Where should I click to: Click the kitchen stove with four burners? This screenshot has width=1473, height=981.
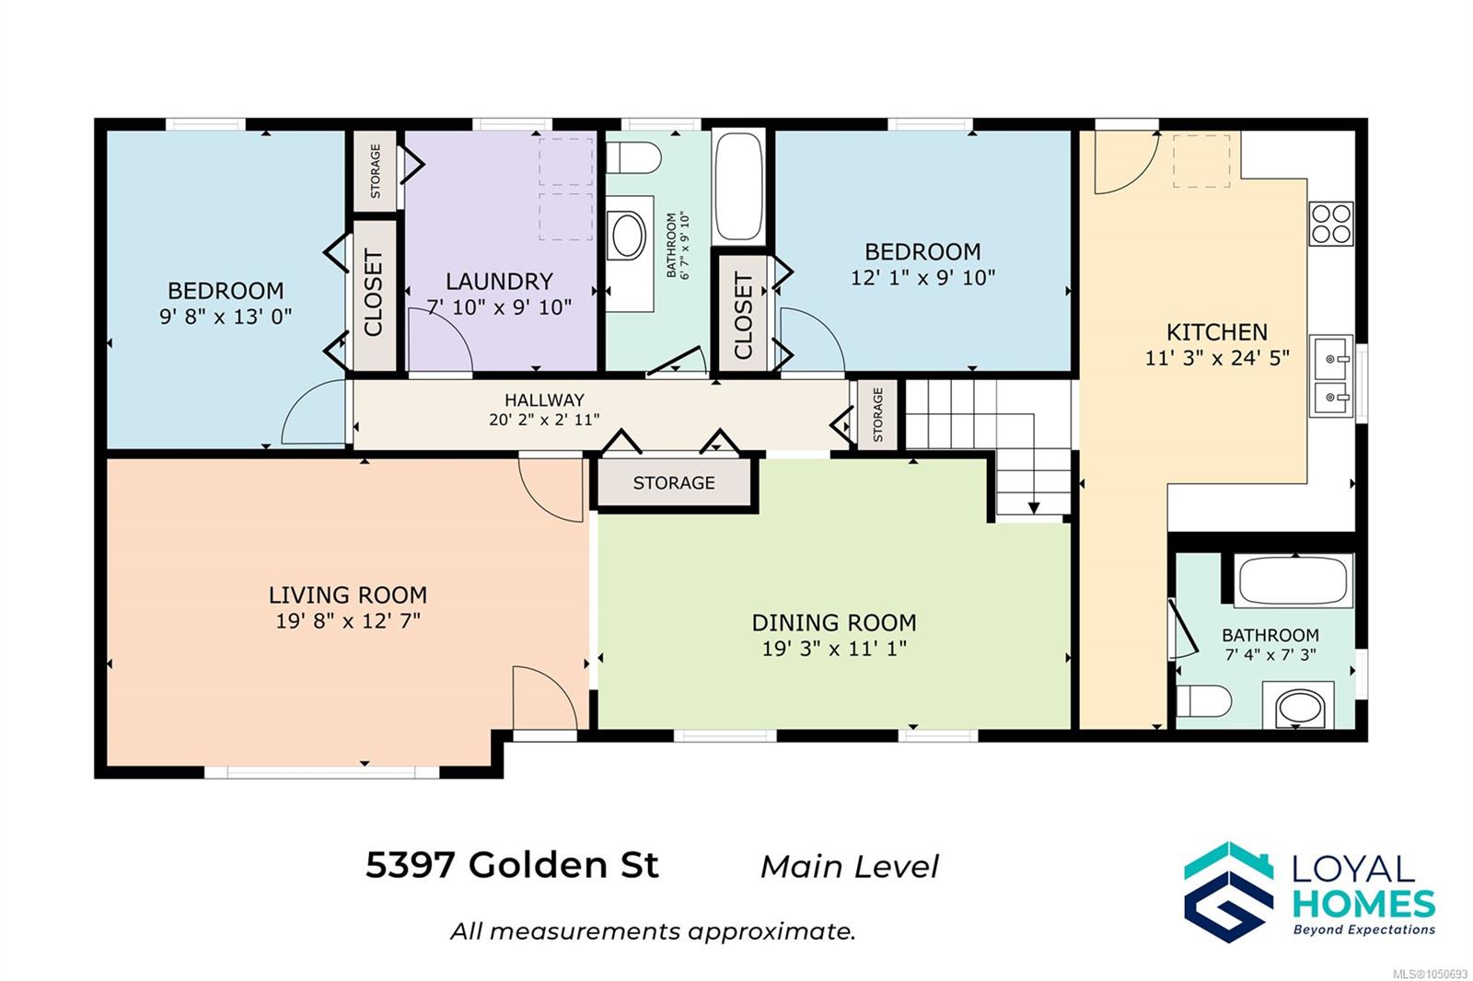tap(1331, 224)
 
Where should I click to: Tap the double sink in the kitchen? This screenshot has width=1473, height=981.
tap(1331, 376)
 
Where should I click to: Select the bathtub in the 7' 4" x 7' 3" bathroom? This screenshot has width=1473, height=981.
tap(1293, 581)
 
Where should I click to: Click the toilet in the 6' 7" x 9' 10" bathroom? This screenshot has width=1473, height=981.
tap(633, 157)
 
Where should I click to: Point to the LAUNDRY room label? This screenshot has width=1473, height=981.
tap(499, 282)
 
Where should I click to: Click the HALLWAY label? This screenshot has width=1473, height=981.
tap(544, 399)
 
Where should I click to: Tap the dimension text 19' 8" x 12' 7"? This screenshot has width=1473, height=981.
tap(348, 620)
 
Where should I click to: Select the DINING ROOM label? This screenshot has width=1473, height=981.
tap(834, 623)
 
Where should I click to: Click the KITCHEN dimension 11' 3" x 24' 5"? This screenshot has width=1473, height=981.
tap(1217, 358)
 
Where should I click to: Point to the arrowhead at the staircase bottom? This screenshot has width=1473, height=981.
tap(1034, 508)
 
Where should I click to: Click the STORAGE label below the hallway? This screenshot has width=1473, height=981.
tap(673, 483)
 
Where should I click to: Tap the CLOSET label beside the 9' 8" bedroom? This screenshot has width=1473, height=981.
tap(373, 293)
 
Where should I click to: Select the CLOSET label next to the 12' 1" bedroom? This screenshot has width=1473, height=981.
tap(743, 317)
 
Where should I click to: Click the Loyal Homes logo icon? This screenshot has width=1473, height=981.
tap(1228, 892)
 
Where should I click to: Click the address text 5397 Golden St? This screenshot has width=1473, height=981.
tap(512, 865)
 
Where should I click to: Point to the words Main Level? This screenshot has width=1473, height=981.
tap(850, 867)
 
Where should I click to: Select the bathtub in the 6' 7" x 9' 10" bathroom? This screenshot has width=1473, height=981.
tap(738, 188)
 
